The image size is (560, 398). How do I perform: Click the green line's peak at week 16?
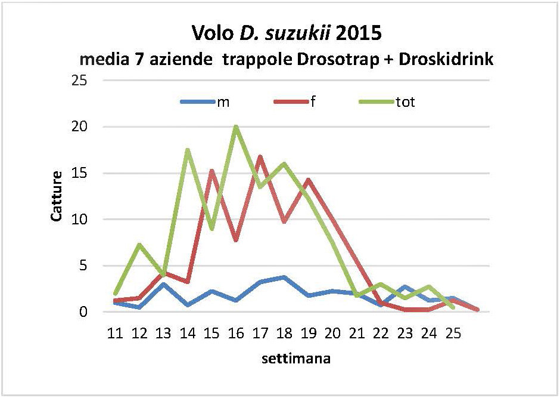[236, 127]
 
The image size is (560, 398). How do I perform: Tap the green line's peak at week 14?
[188, 150]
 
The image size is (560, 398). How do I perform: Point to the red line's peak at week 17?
[260, 157]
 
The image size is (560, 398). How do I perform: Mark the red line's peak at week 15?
[212, 171]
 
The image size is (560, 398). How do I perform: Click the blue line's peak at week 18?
[285, 277]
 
